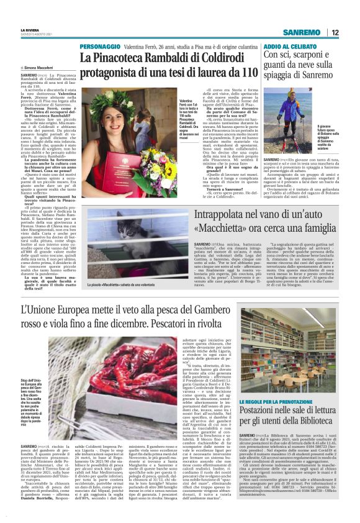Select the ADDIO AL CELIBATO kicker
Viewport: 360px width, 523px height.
point(289,47)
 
